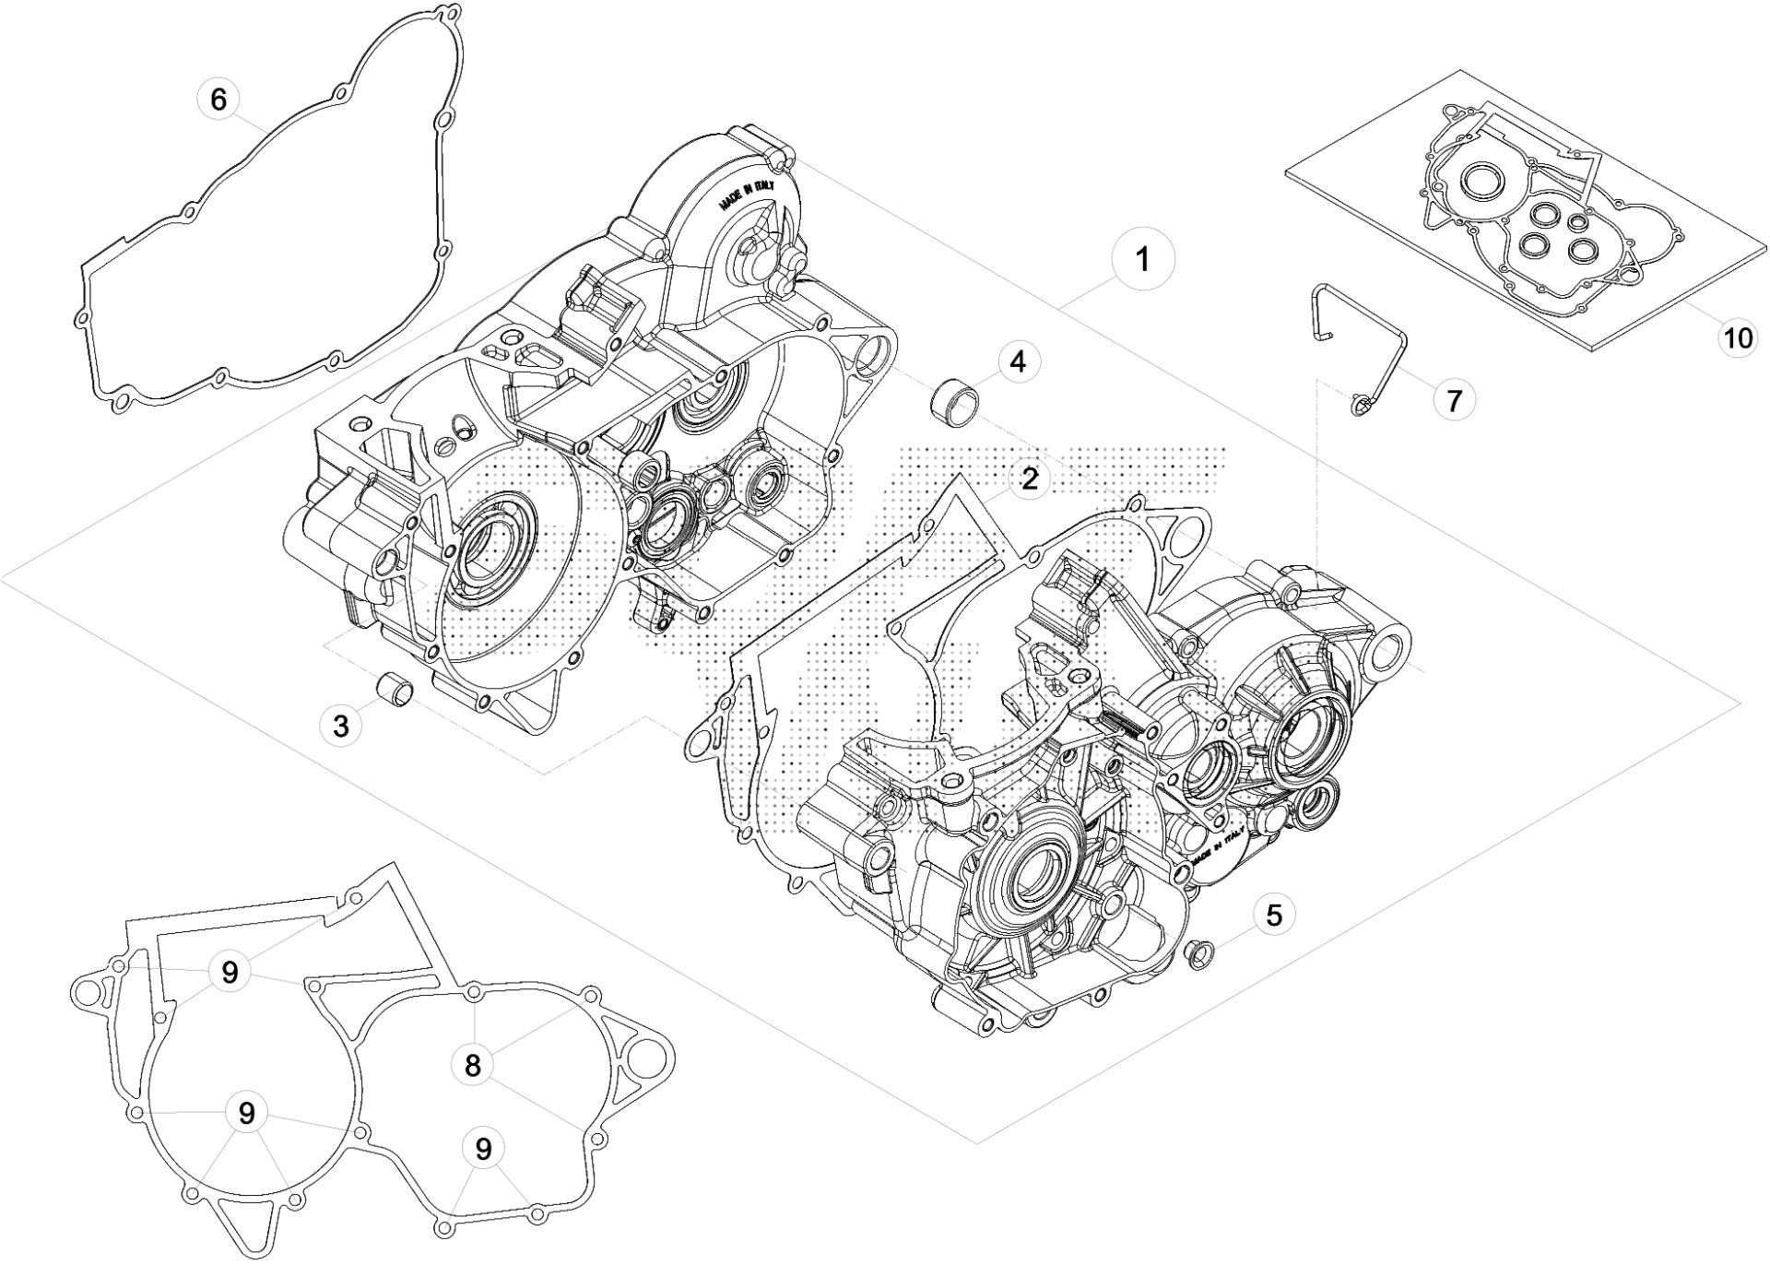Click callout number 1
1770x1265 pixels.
point(1142,261)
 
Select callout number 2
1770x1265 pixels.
point(1029,479)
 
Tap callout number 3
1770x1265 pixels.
point(341,726)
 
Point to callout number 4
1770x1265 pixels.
point(1017,361)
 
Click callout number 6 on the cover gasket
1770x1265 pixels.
point(218,99)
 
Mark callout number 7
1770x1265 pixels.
point(1454,400)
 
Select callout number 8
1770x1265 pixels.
point(472,1067)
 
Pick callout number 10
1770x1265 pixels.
point(1738,338)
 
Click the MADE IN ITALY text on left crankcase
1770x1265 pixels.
point(749,197)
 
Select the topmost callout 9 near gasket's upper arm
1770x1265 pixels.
point(230,972)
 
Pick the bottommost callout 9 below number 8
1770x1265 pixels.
point(483,1149)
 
